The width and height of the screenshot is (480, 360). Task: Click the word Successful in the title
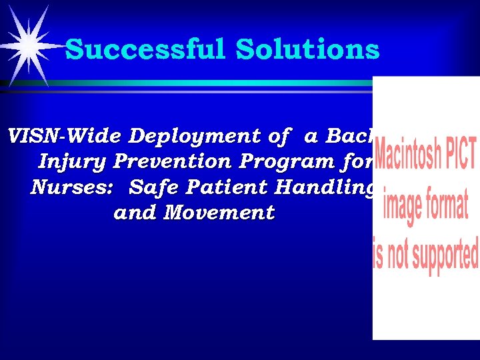[x=145, y=49]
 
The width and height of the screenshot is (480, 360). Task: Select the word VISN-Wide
[x=64, y=136]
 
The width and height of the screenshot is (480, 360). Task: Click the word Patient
[x=229, y=187]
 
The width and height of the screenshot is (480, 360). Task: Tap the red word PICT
[x=460, y=155]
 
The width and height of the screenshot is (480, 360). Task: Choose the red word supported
[x=443, y=256]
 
